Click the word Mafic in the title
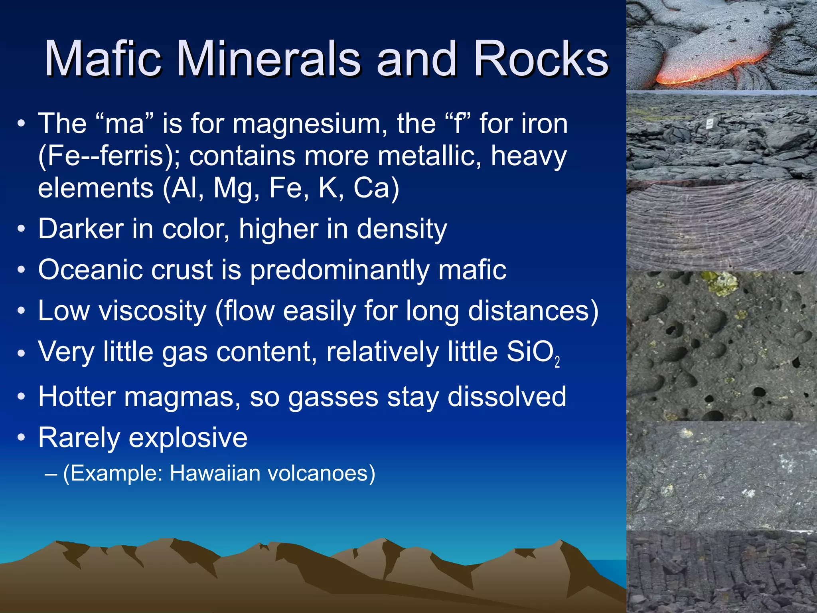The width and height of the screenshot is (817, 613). [x=103, y=59]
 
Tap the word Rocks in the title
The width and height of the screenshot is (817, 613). [x=541, y=59]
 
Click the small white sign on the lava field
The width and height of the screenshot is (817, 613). [x=710, y=123]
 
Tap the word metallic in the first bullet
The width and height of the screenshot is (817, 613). [x=429, y=156]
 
